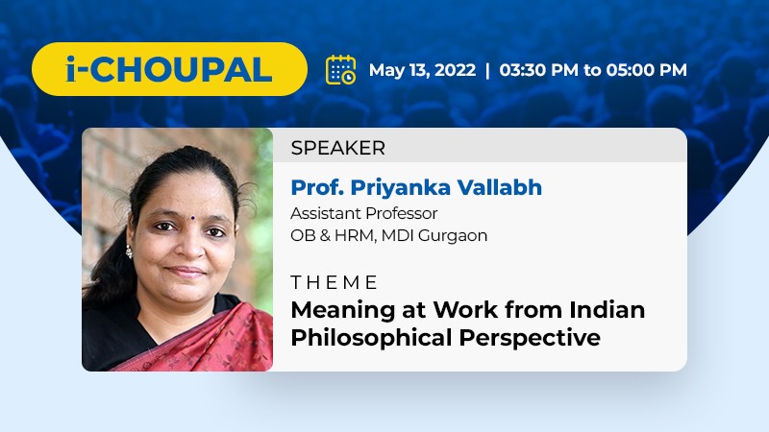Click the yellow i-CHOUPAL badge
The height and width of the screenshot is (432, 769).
coord(169,69)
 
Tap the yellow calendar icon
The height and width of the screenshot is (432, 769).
coord(341,69)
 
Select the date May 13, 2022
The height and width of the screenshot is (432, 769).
coord(422,70)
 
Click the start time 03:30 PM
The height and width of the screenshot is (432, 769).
coord(538,69)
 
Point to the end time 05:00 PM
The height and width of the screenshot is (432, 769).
coord(646,69)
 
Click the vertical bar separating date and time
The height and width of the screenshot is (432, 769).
coord(487,70)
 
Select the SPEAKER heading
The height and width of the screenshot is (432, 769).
coord(338,148)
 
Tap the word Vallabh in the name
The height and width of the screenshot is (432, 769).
coord(499,187)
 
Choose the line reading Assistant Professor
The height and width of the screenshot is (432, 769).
coord(364,213)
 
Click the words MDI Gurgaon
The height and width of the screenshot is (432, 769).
coord(434,235)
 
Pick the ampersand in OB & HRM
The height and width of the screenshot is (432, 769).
coord(324,235)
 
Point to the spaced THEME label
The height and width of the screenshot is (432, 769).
coord(334,282)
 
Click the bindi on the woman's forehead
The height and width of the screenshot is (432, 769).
coord(193,219)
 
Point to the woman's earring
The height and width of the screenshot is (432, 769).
coord(129,252)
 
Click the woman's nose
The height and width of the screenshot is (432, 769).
coord(190,244)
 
